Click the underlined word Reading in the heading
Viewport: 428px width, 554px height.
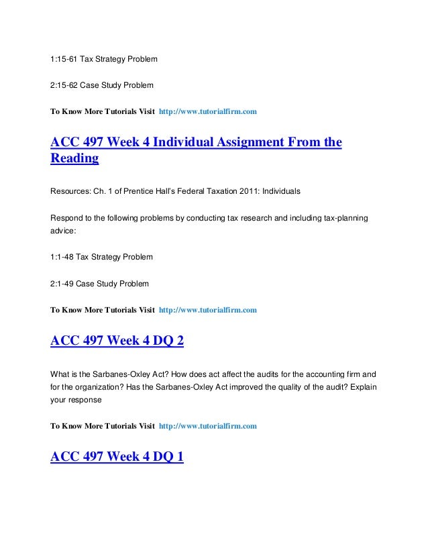tap(74, 159)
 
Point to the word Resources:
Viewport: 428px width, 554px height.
tap(71, 191)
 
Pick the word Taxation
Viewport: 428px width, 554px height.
tap(222, 191)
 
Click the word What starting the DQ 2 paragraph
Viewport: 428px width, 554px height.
tap(61, 372)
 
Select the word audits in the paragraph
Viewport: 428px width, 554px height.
tap(242, 372)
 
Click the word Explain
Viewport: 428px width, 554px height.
tap(363, 386)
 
